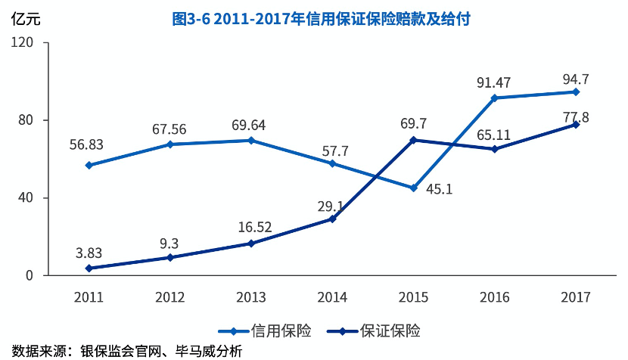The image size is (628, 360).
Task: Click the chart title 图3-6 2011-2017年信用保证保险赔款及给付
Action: tap(322, 20)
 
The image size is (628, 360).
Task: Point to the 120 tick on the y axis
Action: tap(25, 42)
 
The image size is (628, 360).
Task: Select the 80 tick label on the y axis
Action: tap(28, 120)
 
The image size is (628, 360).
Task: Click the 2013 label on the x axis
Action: tap(251, 296)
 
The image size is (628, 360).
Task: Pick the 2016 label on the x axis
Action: tap(495, 296)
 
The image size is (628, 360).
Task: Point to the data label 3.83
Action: tap(89, 253)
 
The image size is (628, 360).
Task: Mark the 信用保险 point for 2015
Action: tap(414, 188)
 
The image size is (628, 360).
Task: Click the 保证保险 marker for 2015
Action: tap(414, 140)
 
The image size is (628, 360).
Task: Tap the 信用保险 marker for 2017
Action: tap(576, 92)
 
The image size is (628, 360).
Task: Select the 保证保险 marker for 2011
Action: tap(89, 268)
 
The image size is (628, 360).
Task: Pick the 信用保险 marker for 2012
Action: tap(170, 144)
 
